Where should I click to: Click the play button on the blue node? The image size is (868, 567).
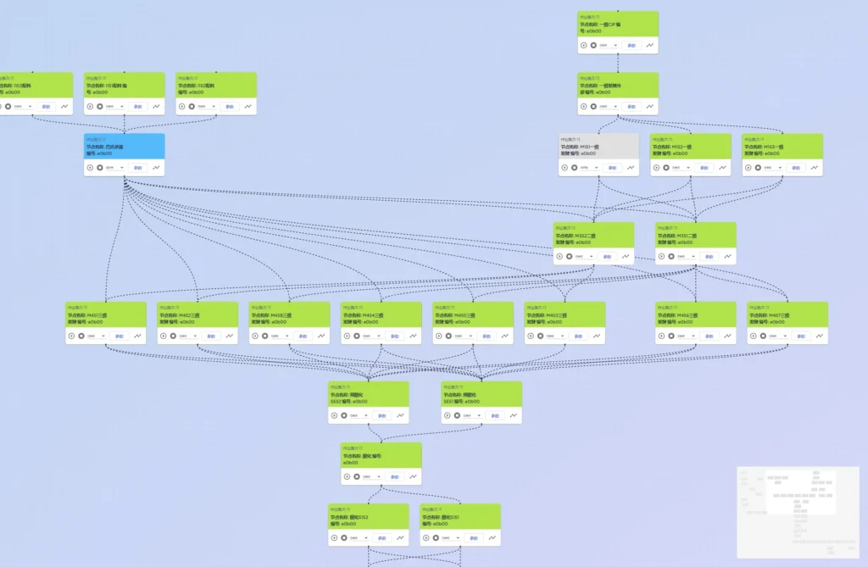click(90, 167)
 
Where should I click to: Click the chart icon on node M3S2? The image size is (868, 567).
click(626, 256)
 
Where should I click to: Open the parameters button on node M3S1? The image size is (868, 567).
click(708, 256)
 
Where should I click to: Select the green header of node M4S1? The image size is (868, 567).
click(106, 314)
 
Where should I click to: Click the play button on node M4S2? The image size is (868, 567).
click(163, 336)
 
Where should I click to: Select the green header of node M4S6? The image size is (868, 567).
click(695, 314)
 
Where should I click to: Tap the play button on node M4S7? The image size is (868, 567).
click(753, 336)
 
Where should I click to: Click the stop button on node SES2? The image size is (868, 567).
click(343, 415)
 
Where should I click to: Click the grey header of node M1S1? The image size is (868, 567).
click(598, 146)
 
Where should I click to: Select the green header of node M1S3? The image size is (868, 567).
click(782, 146)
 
